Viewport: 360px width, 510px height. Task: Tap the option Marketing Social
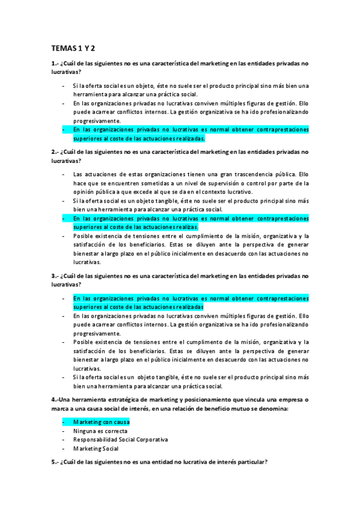(96, 448)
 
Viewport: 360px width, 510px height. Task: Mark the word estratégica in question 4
(123, 400)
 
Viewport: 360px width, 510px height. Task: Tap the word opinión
(88, 192)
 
